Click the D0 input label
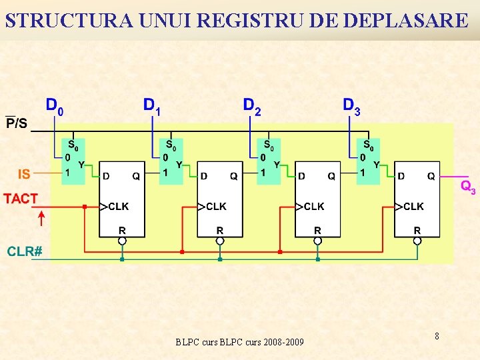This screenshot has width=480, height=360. [x=55, y=106]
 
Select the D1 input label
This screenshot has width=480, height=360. [x=152, y=106]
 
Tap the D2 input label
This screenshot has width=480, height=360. [x=252, y=106]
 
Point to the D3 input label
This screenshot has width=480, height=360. [x=351, y=106]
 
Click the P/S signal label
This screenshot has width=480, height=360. [x=17, y=123]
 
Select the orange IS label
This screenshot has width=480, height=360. [x=24, y=174]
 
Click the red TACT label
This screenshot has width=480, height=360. [x=21, y=199]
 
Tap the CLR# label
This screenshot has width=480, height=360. [x=25, y=251]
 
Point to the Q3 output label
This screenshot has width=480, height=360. [x=468, y=187]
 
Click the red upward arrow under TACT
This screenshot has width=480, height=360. [x=41, y=217]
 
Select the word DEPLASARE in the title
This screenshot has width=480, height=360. [x=406, y=21]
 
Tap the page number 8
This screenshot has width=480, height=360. [x=437, y=336]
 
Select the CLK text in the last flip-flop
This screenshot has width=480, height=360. [x=413, y=207]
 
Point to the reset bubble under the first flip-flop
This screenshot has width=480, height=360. [x=122, y=241]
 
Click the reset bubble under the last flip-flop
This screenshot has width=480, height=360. [x=417, y=241]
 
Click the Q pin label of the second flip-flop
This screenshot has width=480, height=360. [x=233, y=177]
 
